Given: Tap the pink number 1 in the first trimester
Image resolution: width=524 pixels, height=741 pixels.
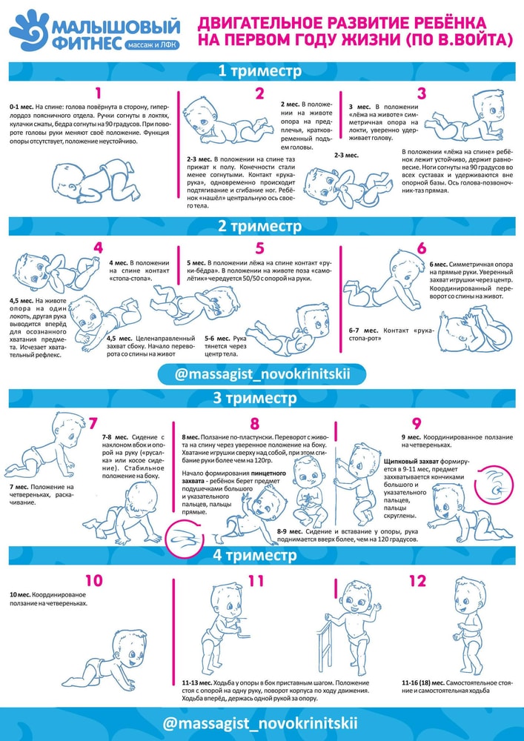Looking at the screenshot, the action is click(98, 93).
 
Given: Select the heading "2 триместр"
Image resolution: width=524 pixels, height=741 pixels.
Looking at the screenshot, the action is click(259, 226).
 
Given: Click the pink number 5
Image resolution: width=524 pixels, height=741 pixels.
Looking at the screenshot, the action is click(259, 248).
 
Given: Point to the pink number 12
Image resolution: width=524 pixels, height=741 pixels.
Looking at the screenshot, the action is click(417, 581).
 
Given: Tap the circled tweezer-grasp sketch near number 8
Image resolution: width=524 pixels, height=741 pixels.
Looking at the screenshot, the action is click(186, 538).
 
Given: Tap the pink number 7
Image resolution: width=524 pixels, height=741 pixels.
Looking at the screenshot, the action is click(93, 423).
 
